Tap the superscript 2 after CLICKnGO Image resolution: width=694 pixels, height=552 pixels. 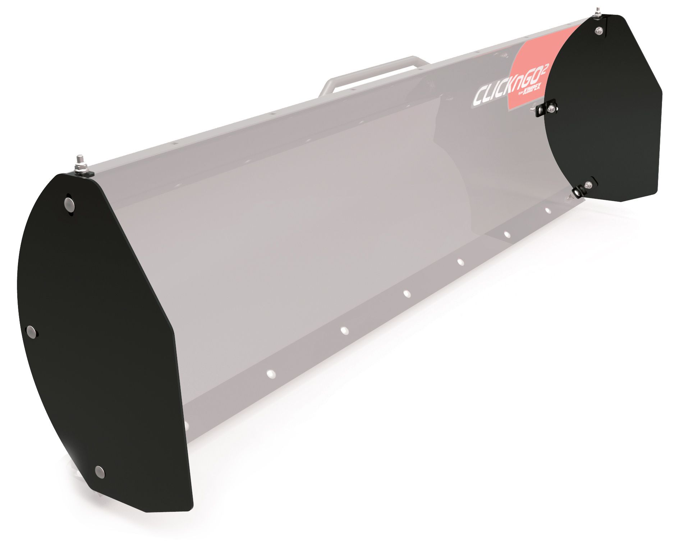544,72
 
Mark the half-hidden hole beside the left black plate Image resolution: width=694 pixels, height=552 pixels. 186,426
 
